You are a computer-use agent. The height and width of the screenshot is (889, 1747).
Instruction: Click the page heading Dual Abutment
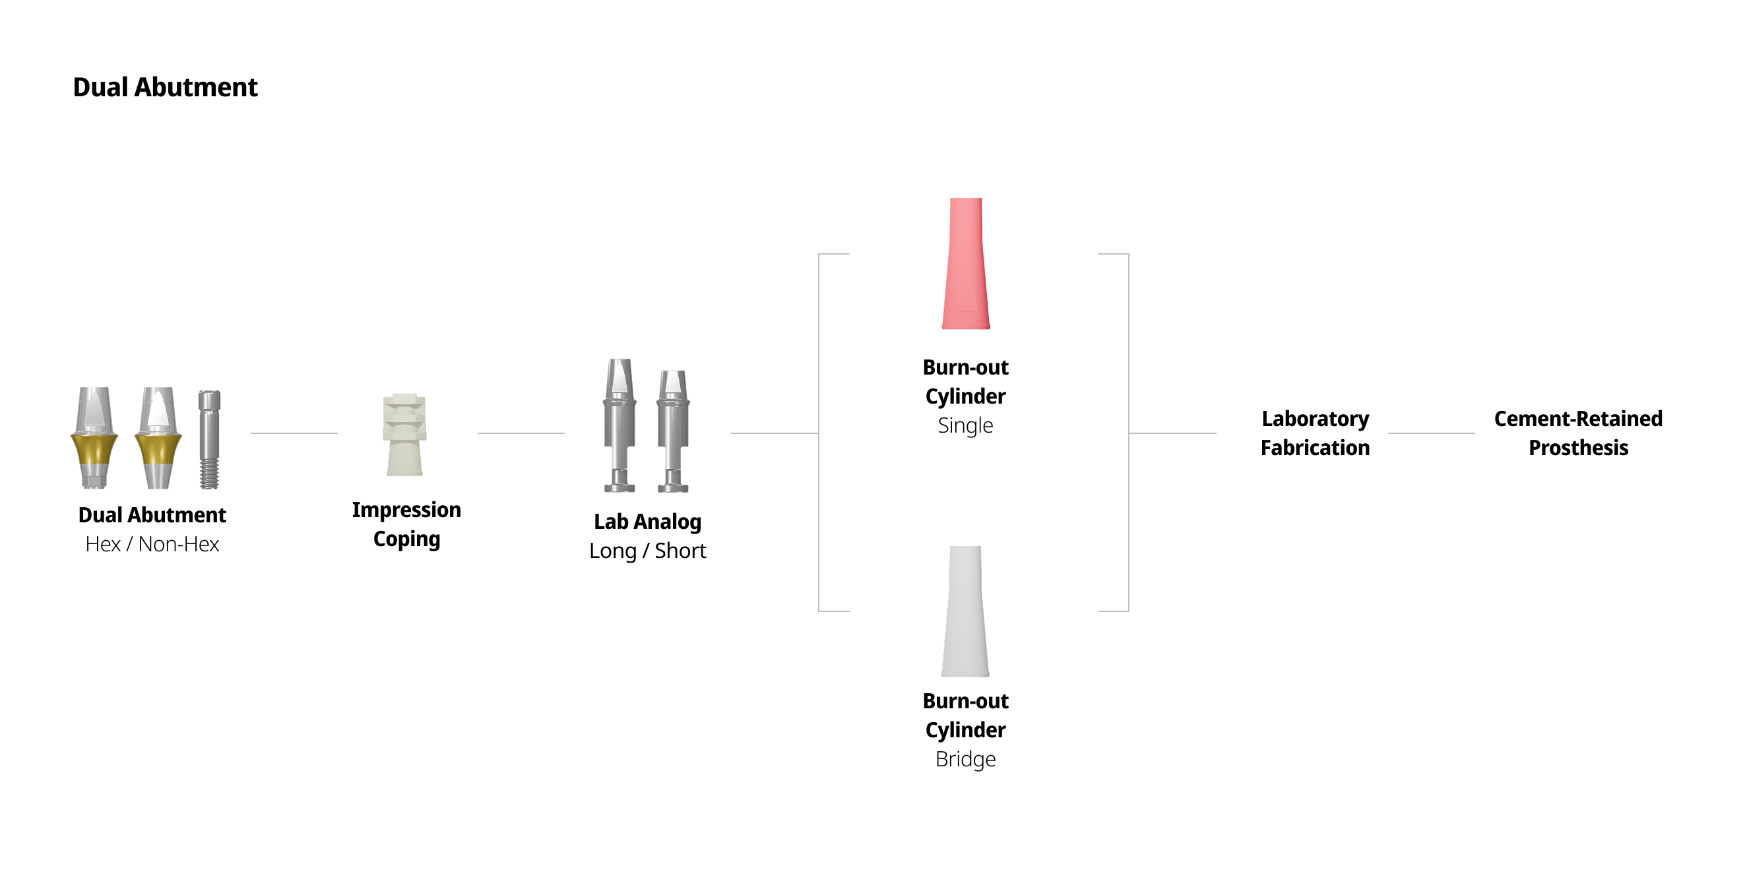click(x=165, y=88)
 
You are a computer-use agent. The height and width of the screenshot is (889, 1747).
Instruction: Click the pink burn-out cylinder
click(x=965, y=264)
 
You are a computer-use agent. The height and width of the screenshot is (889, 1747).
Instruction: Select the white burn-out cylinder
click(x=965, y=612)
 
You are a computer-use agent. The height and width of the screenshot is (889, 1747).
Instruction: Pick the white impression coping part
click(x=405, y=435)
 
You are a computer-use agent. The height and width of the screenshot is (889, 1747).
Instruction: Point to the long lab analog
click(x=619, y=425)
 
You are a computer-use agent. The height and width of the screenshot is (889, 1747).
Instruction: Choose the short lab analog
click(x=673, y=431)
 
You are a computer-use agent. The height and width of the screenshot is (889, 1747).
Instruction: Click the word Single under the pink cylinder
click(x=965, y=426)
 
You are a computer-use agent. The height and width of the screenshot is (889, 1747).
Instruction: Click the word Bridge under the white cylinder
click(x=965, y=760)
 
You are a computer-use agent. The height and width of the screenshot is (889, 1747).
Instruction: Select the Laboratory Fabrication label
click(x=1314, y=433)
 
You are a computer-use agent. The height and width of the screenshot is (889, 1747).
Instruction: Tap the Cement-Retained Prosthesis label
click(x=1577, y=433)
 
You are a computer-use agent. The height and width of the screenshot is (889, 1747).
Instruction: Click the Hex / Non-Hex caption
click(x=152, y=545)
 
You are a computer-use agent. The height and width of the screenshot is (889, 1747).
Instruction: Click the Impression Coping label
click(x=406, y=524)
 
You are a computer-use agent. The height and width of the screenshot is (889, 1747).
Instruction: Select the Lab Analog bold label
click(x=647, y=522)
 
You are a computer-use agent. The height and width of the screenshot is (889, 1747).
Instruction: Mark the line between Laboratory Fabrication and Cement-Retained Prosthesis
click(x=1431, y=433)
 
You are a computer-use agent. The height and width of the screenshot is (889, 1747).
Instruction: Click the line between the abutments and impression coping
click(x=294, y=433)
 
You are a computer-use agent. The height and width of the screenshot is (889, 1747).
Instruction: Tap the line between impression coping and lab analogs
click(x=521, y=433)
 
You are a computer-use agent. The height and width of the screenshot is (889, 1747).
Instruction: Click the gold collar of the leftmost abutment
click(x=94, y=450)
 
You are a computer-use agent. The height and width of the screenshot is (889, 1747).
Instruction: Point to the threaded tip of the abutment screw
click(x=209, y=475)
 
